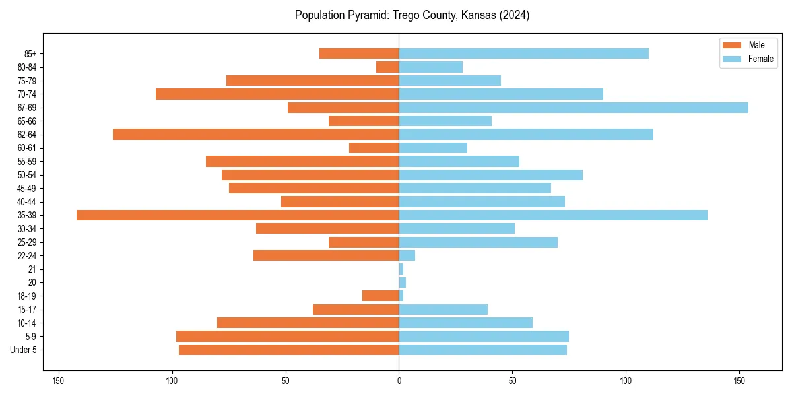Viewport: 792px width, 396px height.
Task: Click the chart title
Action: (412, 15)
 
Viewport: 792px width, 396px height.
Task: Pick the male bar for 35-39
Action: (238, 215)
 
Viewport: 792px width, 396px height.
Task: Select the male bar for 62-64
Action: (255, 135)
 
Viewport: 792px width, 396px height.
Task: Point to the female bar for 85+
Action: (523, 53)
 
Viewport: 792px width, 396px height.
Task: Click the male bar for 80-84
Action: (387, 67)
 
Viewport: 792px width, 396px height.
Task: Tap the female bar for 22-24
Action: (407, 255)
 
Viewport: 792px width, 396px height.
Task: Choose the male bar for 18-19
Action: (381, 296)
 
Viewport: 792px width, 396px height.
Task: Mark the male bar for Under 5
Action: (288, 350)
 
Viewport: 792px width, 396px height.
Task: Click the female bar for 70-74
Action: (501, 94)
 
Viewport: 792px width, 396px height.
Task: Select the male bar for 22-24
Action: (326, 255)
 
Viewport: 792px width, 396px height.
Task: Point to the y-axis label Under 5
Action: (24, 350)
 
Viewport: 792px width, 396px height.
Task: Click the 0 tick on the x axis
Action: (399, 381)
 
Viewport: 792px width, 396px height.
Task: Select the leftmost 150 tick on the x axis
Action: (58, 381)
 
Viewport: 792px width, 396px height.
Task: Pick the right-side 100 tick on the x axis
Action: (626, 381)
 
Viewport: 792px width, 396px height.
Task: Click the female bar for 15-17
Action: (443, 310)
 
